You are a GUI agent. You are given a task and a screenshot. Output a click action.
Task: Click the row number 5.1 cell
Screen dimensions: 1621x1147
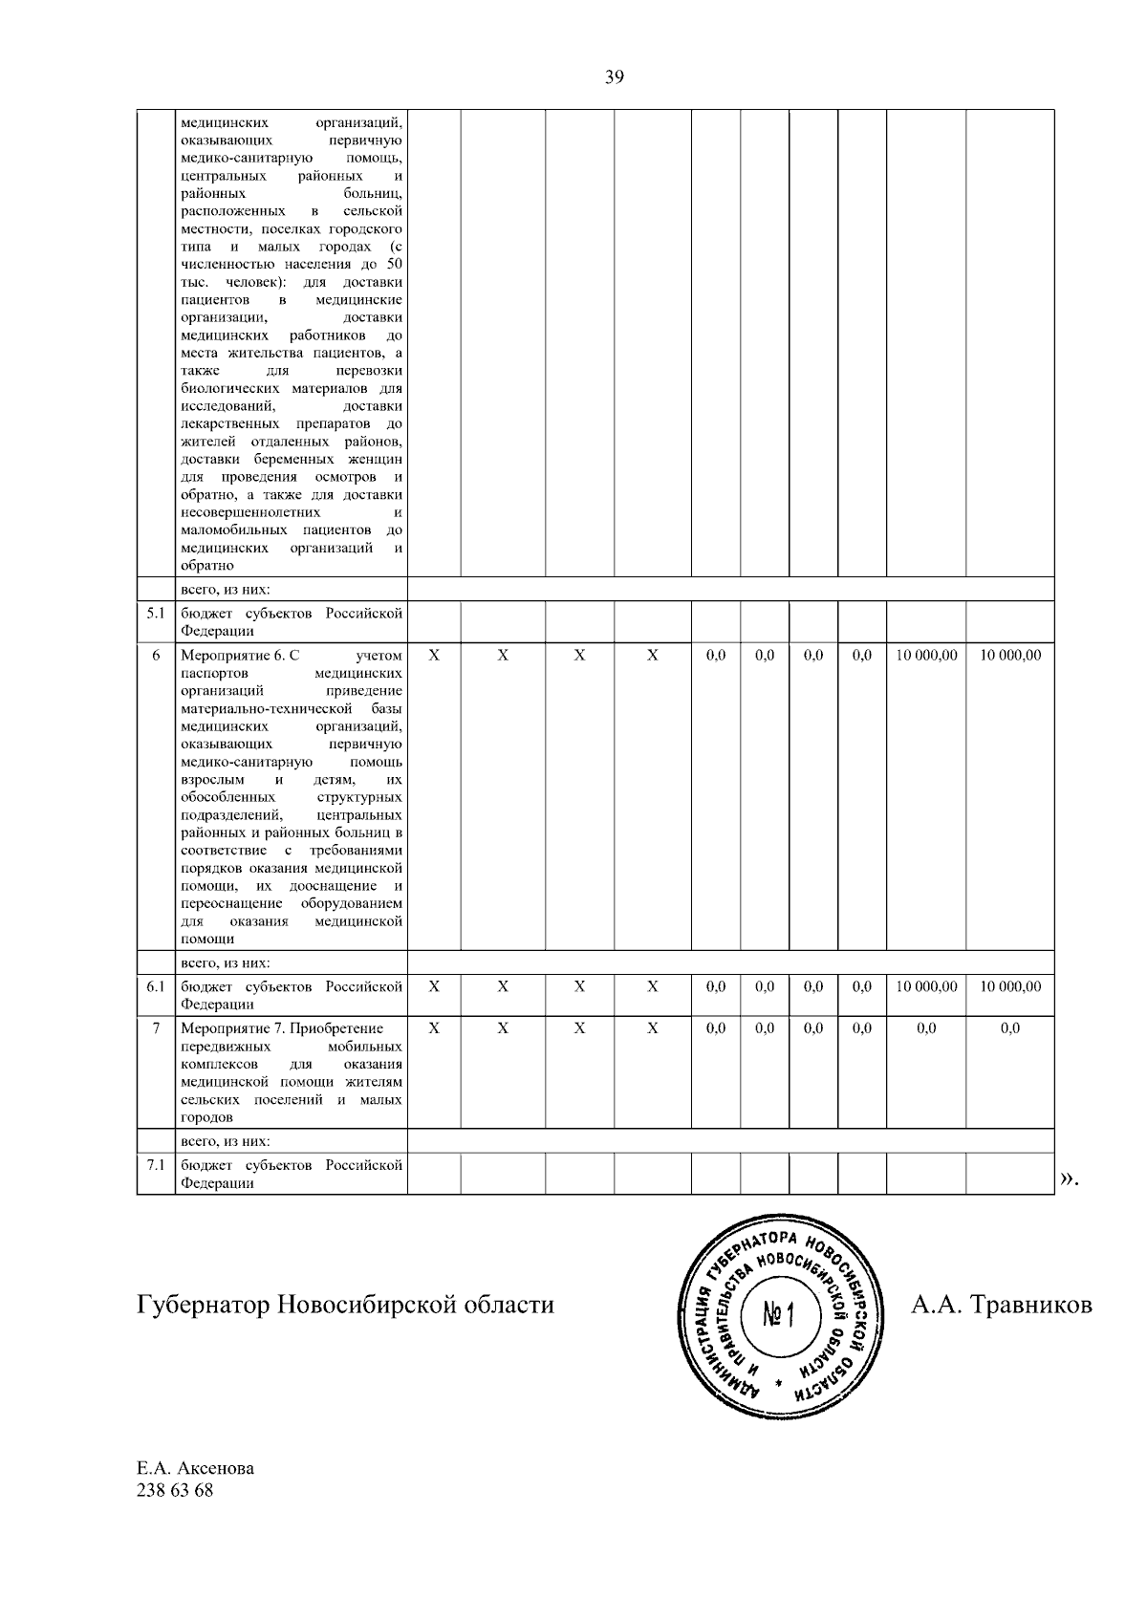[156, 613]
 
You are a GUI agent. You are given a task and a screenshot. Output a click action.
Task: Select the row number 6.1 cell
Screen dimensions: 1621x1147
[156, 986]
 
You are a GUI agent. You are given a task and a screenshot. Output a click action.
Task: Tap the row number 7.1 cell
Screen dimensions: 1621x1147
[156, 1165]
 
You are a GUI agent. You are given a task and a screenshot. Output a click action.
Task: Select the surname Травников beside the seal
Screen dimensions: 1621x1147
[1030, 1305]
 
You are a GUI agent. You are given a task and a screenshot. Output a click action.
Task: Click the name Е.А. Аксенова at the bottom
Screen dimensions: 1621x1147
[196, 1468]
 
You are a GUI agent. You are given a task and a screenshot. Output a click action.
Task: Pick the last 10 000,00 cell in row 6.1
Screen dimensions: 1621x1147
[1009, 986]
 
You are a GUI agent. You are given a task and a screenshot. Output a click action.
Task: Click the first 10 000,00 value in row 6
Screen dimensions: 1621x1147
[926, 656]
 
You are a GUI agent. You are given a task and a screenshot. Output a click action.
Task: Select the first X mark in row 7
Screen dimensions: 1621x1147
[434, 1028]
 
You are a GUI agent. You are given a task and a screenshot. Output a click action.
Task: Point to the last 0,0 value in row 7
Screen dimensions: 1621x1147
[1009, 1028]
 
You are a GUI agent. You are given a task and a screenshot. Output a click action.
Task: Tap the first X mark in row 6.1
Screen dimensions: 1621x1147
[434, 986]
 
